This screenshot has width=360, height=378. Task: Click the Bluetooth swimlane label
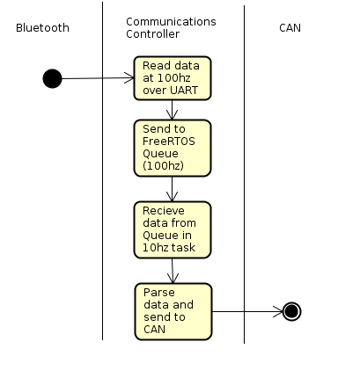pyautogui.click(x=42, y=28)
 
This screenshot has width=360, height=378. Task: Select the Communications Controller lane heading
pyautogui.click(x=171, y=28)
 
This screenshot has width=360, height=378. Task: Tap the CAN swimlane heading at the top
pyautogui.click(x=290, y=28)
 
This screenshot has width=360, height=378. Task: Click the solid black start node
pyautogui.click(x=52, y=78)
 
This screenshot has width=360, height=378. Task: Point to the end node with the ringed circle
pyautogui.click(x=291, y=311)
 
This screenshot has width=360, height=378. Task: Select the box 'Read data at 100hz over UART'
pyautogui.click(x=173, y=78)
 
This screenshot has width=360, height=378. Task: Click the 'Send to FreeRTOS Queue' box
pyautogui.click(x=173, y=148)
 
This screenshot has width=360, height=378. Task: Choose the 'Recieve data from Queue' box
pyautogui.click(x=173, y=229)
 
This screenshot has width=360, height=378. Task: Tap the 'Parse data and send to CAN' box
pyautogui.click(x=173, y=311)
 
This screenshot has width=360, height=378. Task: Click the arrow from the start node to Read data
pyautogui.click(x=98, y=78)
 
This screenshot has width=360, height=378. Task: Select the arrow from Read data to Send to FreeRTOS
pyautogui.click(x=172, y=110)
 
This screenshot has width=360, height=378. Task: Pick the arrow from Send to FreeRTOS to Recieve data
pyautogui.click(x=172, y=189)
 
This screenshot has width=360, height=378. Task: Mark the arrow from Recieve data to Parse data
pyautogui.click(x=173, y=271)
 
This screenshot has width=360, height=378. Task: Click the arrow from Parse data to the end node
pyautogui.click(x=247, y=311)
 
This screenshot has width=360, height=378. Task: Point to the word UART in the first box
pyautogui.click(x=185, y=91)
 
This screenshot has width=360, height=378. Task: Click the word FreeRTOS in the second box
pyautogui.click(x=169, y=142)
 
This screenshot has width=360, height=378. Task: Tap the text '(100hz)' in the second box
pyautogui.click(x=163, y=166)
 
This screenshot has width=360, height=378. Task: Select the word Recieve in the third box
pyautogui.click(x=164, y=211)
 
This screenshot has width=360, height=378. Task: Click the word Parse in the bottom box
pyautogui.click(x=159, y=293)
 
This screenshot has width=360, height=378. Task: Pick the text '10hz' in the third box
pyautogui.click(x=155, y=248)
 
